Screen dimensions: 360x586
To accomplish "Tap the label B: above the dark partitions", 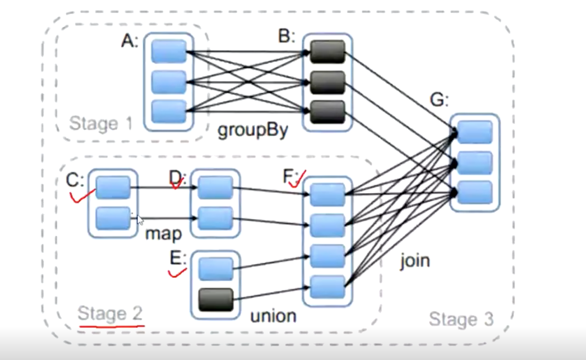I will (286, 37).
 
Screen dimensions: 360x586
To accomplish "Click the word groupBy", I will (253, 130).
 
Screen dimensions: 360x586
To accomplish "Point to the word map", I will (163, 233).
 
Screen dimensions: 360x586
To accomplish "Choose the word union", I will (273, 316).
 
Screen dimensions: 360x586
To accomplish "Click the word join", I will (415, 261).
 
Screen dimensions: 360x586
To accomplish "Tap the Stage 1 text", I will (100, 123).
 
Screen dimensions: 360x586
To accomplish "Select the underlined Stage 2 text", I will (109, 314).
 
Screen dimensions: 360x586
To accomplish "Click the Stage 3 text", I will (461, 319).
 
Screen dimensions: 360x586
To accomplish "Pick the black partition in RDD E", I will (216, 300).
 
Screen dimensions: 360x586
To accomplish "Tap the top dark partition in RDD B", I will (327, 51).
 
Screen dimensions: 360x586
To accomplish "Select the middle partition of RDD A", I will (169, 82).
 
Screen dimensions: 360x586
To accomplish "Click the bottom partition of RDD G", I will (474, 193).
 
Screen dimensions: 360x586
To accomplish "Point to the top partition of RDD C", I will (113, 187).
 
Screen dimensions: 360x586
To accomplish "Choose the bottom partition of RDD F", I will (327, 287).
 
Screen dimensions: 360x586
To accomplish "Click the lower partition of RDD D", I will (215, 218).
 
